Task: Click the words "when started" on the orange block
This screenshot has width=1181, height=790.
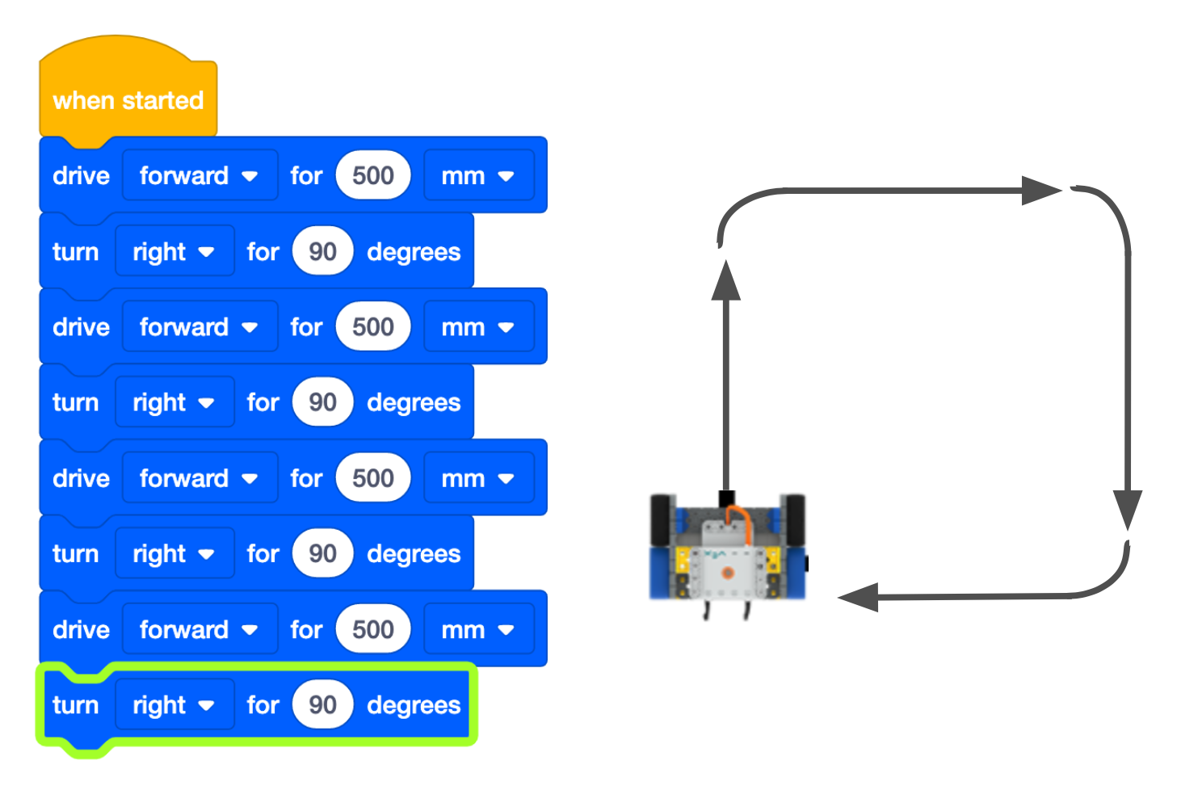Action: (x=128, y=101)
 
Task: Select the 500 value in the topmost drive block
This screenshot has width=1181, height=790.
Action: (x=372, y=175)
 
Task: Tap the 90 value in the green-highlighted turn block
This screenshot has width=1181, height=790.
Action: (x=322, y=704)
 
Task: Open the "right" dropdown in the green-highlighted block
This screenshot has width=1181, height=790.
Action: (x=174, y=705)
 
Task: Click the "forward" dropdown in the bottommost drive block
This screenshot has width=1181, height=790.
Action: (x=199, y=629)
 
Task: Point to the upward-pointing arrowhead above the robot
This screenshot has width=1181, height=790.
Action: (x=726, y=280)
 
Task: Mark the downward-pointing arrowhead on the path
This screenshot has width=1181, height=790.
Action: (x=1127, y=508)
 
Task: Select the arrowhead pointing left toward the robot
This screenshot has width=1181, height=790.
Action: (x=859, y=598)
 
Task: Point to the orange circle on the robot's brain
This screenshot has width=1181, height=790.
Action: (x=727, y=573)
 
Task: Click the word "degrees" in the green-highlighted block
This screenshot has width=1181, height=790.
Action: (x=414, y=705)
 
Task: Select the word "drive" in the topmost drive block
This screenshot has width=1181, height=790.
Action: (x=81, y=176)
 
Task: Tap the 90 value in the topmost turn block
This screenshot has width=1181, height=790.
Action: (x=322, y=251)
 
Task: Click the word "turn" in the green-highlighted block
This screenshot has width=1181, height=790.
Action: (x=75, y=705)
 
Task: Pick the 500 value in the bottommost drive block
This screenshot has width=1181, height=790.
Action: (x=372, y=629)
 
